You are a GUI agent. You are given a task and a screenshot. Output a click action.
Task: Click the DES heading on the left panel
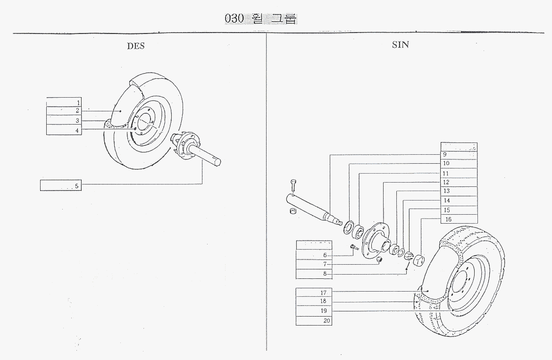pos(135,46)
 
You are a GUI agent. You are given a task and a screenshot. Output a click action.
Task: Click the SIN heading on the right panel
pos(400,45)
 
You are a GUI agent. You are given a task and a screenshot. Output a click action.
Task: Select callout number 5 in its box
pos(77,186)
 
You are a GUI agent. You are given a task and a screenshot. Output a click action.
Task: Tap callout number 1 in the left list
pos(78,102)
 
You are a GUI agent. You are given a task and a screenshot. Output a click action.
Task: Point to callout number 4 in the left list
pos(77,130)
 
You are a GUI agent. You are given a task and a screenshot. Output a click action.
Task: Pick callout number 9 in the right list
pos(444,155)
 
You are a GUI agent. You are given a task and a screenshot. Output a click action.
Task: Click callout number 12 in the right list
pos(446,182)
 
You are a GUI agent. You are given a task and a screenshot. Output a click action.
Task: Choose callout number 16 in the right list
pos(448,219)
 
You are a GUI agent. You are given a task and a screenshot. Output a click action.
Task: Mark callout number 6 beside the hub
pos(325,255)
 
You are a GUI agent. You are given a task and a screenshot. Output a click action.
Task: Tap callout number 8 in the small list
pos(325,274)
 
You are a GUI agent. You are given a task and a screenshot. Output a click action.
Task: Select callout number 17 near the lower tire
pos(323,293)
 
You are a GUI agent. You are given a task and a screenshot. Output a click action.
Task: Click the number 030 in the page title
pos(234,19)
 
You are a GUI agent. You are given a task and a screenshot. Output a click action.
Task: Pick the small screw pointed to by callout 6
pos(354,247)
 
